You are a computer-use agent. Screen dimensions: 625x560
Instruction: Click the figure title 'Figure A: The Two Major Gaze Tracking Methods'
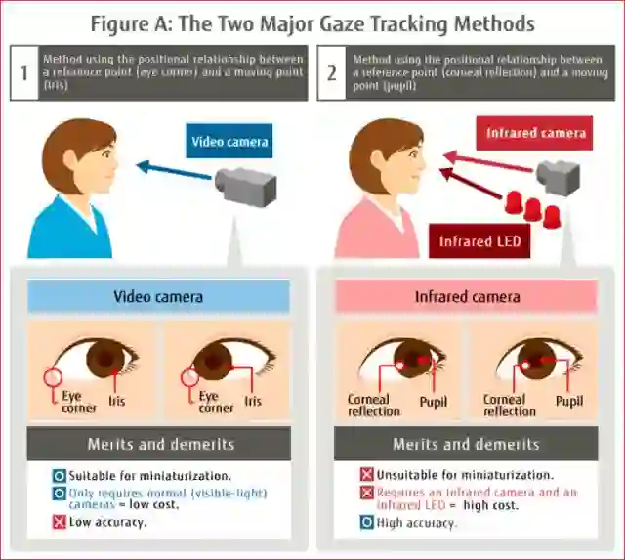pyautogui.click(x=313, y=21)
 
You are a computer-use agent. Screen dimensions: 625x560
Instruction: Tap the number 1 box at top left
pyautogui.click(x=23, y=73)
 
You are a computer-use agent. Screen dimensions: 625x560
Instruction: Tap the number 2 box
pyautogui.click(x=331, y=73)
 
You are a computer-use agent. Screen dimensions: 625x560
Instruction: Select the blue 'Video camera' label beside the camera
pyautogui.click(x=229, y=142)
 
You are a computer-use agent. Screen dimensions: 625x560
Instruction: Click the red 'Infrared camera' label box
pyautogui.click(x=534, y=133)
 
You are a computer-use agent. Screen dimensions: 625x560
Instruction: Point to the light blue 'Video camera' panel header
pyautogui.click(x=159, y=296)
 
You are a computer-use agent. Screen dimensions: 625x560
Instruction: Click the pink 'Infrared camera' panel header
pyautogui.click(x=467, y=296)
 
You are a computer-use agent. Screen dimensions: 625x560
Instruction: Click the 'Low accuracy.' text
pyautogui.click(x=106, y=523)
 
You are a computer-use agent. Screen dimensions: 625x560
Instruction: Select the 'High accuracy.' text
pyautogui.click(x=417, y=523)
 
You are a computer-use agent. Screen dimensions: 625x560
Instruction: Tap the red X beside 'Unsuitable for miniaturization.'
pyautogui.click(x=367, y=476)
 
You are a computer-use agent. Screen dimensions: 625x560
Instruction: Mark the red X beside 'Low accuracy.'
pyautogui.click(x=60, y=523)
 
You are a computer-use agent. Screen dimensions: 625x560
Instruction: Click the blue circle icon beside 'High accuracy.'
pyautogui.click(x=367, y=523)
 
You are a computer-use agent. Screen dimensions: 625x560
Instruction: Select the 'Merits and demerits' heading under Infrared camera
pyautogui.click(x=466, y=445)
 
